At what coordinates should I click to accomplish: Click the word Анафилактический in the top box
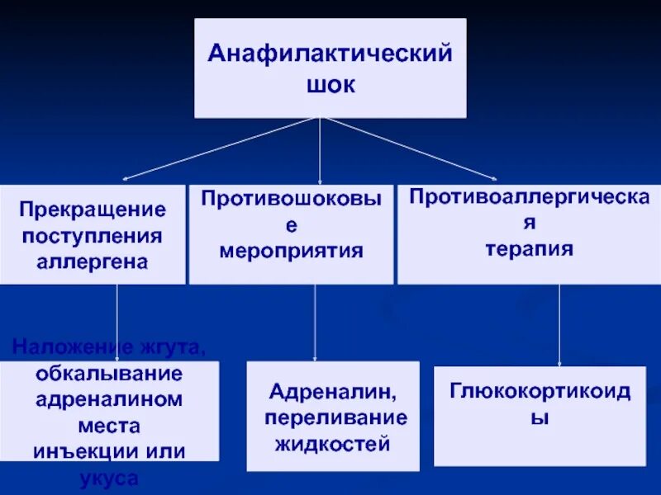[330, 55]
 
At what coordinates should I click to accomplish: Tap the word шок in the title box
[330, 85]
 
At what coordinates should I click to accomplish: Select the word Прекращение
[93, 210]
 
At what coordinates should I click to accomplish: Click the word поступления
[93, 236]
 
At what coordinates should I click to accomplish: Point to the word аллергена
[93, 262]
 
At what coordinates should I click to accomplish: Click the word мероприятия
[292, 250]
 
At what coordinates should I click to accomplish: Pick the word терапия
[530, 248]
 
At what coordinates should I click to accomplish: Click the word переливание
[336, 417]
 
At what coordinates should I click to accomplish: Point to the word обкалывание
[109, 372]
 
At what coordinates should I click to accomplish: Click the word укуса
[109, 478]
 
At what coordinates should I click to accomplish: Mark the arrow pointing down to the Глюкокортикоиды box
[560, 325]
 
